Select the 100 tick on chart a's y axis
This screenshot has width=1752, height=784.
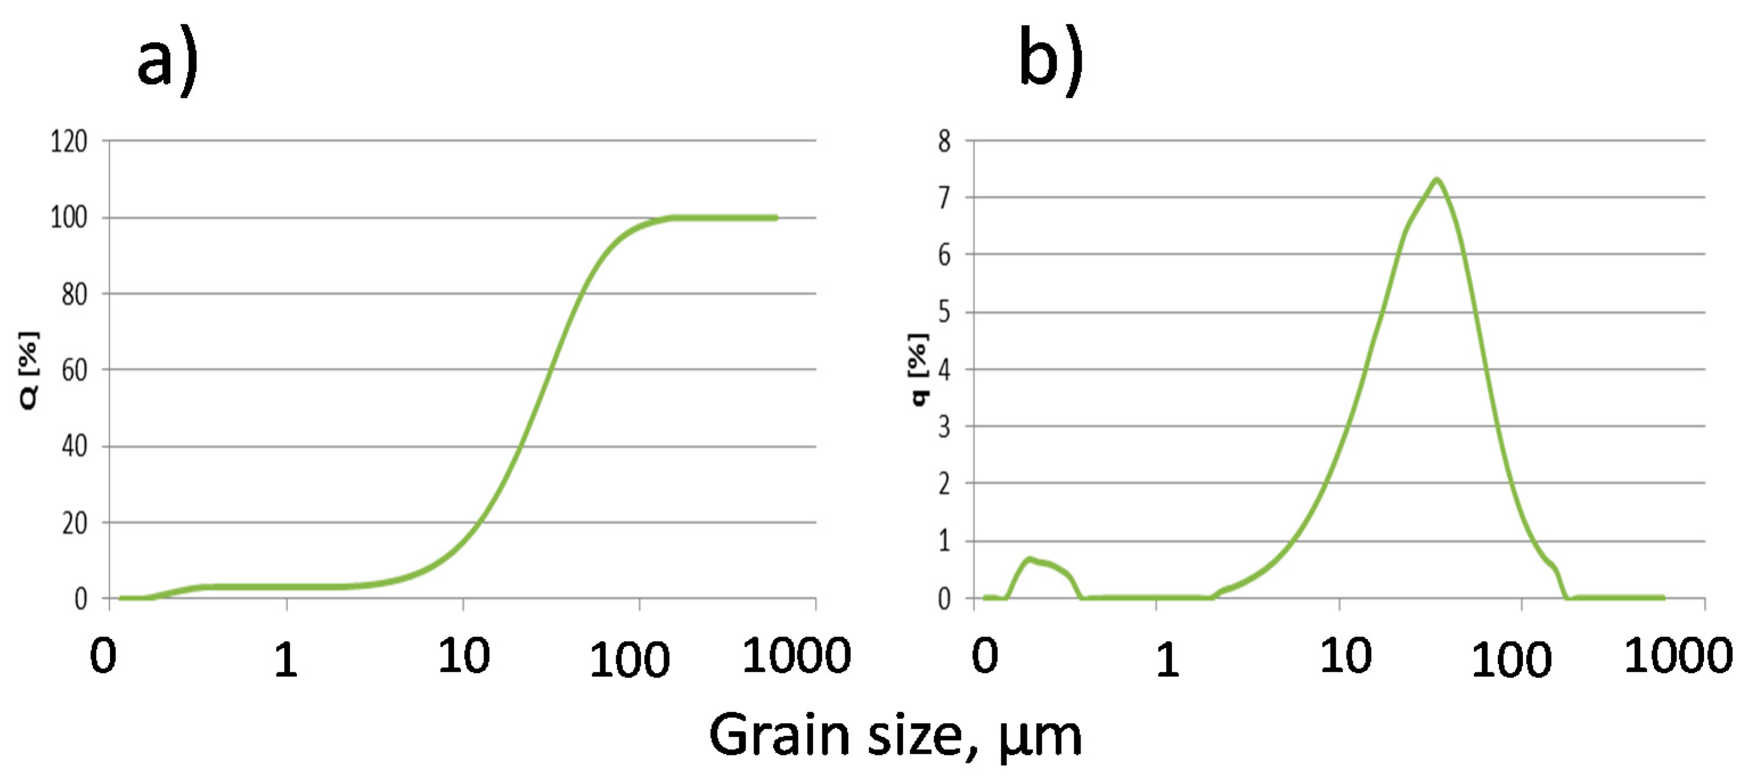69,217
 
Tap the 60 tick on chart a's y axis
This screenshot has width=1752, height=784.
74,370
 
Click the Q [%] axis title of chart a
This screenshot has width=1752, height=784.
28,371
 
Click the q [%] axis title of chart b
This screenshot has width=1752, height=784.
918,370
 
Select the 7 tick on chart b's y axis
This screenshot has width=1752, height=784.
944,198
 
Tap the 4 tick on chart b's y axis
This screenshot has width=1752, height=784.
944,370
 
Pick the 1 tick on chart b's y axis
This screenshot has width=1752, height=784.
944,541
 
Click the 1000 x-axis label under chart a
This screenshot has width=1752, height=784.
796,655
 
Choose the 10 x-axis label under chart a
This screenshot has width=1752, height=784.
464,656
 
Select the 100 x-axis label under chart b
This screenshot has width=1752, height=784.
1511,659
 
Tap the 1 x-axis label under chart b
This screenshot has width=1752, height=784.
1167,659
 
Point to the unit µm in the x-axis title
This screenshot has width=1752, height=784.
1041,737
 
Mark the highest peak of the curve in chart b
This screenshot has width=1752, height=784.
1436,179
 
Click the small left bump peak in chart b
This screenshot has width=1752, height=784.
1030,559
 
